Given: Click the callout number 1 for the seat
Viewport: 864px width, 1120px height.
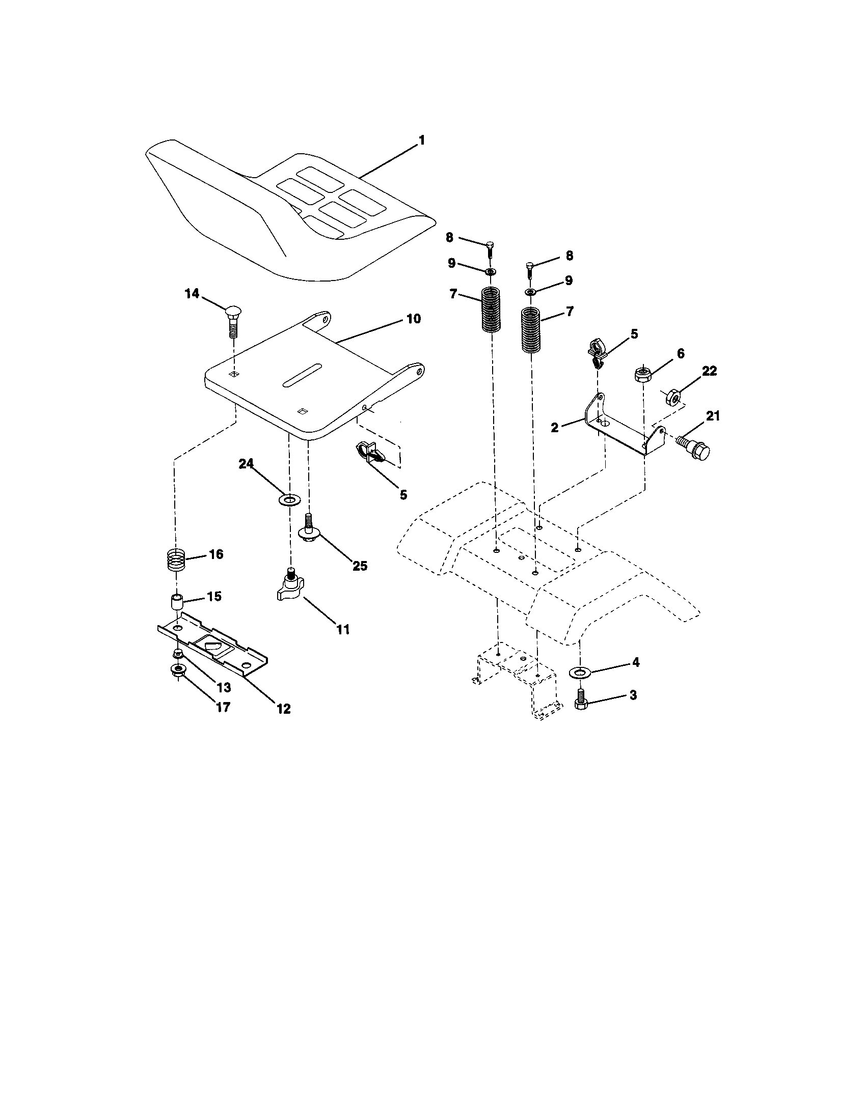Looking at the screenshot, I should pos(421,140).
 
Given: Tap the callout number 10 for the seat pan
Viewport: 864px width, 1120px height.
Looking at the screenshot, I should pos(414,319).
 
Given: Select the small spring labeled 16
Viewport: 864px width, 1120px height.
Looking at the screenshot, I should pos(176,561).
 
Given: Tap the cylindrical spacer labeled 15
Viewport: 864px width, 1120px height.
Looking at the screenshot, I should pos(176,602).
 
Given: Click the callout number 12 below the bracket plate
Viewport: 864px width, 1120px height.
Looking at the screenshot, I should pos(283,709).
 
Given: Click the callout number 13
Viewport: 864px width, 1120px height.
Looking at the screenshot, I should pos(224,687).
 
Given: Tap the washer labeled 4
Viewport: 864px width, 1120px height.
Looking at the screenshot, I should pos(580,672).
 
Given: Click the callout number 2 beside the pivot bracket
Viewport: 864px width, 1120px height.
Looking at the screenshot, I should pos(555,427).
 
